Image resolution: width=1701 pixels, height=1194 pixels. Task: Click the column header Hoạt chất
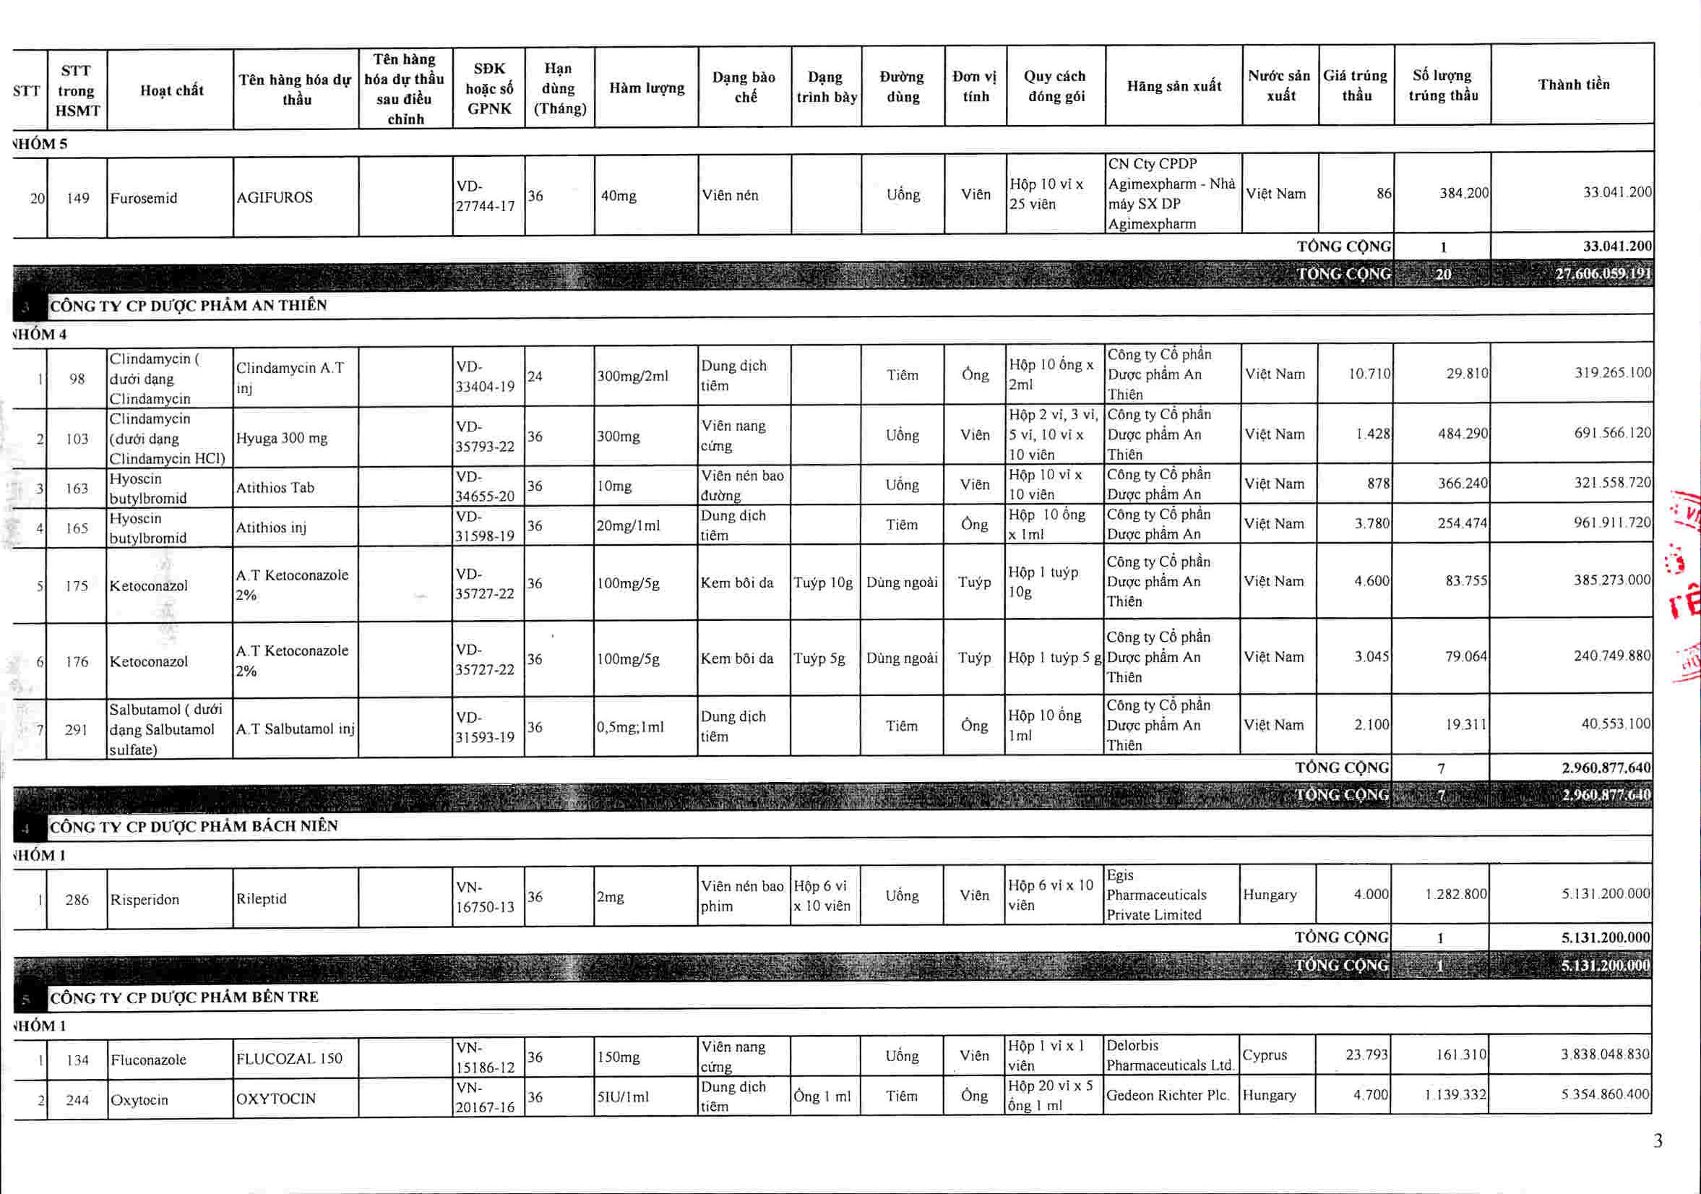pyautogui.click(x=171, y=90)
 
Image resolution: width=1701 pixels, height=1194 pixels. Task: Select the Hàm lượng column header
pyautogui.click(x=646, y=88)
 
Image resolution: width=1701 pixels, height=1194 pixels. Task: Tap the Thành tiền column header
pyautogui.click(x=1573, y=85)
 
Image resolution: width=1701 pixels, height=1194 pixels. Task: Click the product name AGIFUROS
pyautogui.click(x=274, y=197)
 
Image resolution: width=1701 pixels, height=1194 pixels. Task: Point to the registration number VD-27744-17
pyautogui.click(x=486, y=196)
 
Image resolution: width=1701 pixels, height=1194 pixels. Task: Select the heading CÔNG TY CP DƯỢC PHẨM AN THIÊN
pyautogui.click(x=188, y=305)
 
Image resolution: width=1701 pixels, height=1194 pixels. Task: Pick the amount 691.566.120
pyautogui.click(x=1612, y=433)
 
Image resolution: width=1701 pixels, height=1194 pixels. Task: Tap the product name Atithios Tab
pyautogui.click(x=275, y=488)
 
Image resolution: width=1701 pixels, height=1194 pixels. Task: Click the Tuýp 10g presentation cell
pyautogui.click(x=823, y=583)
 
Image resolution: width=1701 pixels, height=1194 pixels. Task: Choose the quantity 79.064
pyautogui.click(x=1465, y=657)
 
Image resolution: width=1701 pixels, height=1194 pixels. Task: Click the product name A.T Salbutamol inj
pyautogui.click(x=295, y=729)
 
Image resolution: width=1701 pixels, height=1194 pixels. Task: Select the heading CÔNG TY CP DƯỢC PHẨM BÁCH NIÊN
pyautogui.click(x=194, y=826)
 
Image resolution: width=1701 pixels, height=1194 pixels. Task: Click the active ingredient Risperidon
pyautogui.click(x=145, y=900)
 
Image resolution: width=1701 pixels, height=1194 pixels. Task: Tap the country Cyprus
pyautogui.click(x=1264, y=1055)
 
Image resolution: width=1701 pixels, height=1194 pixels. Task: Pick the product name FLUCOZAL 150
pyautogui.click(x=289, y=1058)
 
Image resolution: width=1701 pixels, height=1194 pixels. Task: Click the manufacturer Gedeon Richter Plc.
pyautogui.click(x=1168, y=1096)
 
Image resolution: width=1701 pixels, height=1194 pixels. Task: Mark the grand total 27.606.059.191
pyautogui.click(x=1603, y=273)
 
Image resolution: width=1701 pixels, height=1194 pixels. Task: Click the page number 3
pyautogui.click(x=1658, y=1141)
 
